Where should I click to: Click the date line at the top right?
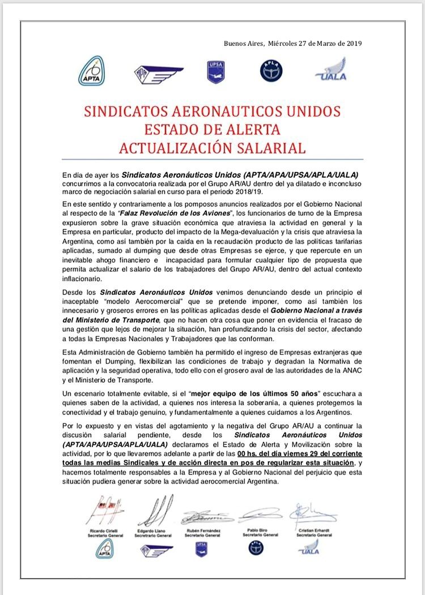coord(292,43)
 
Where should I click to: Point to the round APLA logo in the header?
coord(270,71)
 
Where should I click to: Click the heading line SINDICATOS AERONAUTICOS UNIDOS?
coord(212,110)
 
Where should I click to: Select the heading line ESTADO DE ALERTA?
coord(212,129)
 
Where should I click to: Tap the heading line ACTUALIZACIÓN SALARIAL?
coord(212,148)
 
